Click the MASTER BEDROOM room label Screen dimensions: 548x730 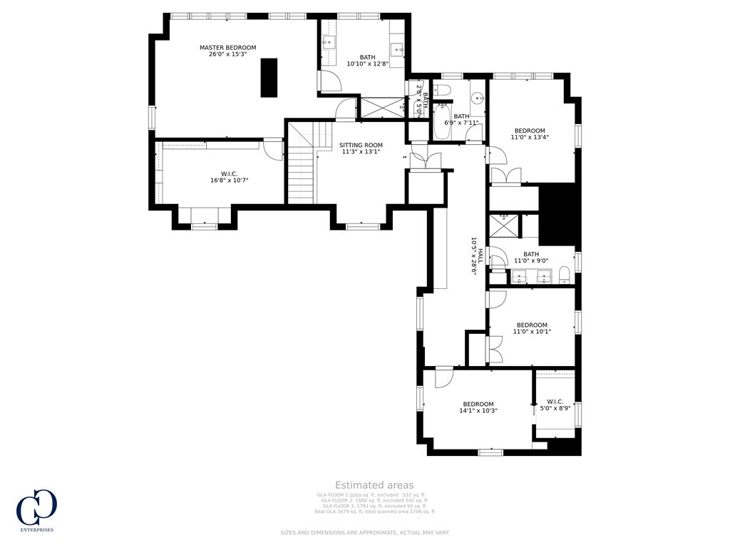coord(227,48)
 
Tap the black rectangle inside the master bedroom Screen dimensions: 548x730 coord(269,77)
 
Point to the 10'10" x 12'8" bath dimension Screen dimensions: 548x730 coord(367,64)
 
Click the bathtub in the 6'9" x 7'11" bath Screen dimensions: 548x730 coord(441,121)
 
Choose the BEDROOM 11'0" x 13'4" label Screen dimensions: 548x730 coord(530,131)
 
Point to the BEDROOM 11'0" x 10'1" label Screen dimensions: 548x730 coord(532,325)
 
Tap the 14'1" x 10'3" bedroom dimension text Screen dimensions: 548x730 coord(478,411)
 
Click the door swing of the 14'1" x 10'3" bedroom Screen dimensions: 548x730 coord(443,376)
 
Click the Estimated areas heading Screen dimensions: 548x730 coord(374,485)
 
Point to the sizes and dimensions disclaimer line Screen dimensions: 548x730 coord(364,533)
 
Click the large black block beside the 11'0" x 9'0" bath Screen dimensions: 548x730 coord(557,214)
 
